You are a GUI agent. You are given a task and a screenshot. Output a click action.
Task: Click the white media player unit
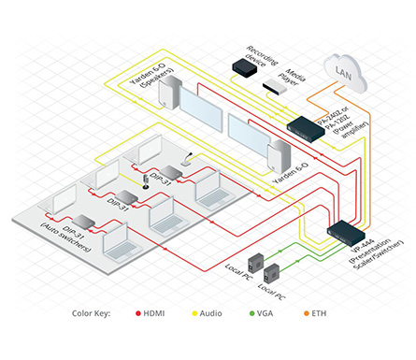pos(276,89)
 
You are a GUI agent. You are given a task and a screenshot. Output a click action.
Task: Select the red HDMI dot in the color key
pos(137,315)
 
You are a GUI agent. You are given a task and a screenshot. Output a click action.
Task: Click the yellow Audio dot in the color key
pos(194,315)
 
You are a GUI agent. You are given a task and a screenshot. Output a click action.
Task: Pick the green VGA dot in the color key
pos(251,315)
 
